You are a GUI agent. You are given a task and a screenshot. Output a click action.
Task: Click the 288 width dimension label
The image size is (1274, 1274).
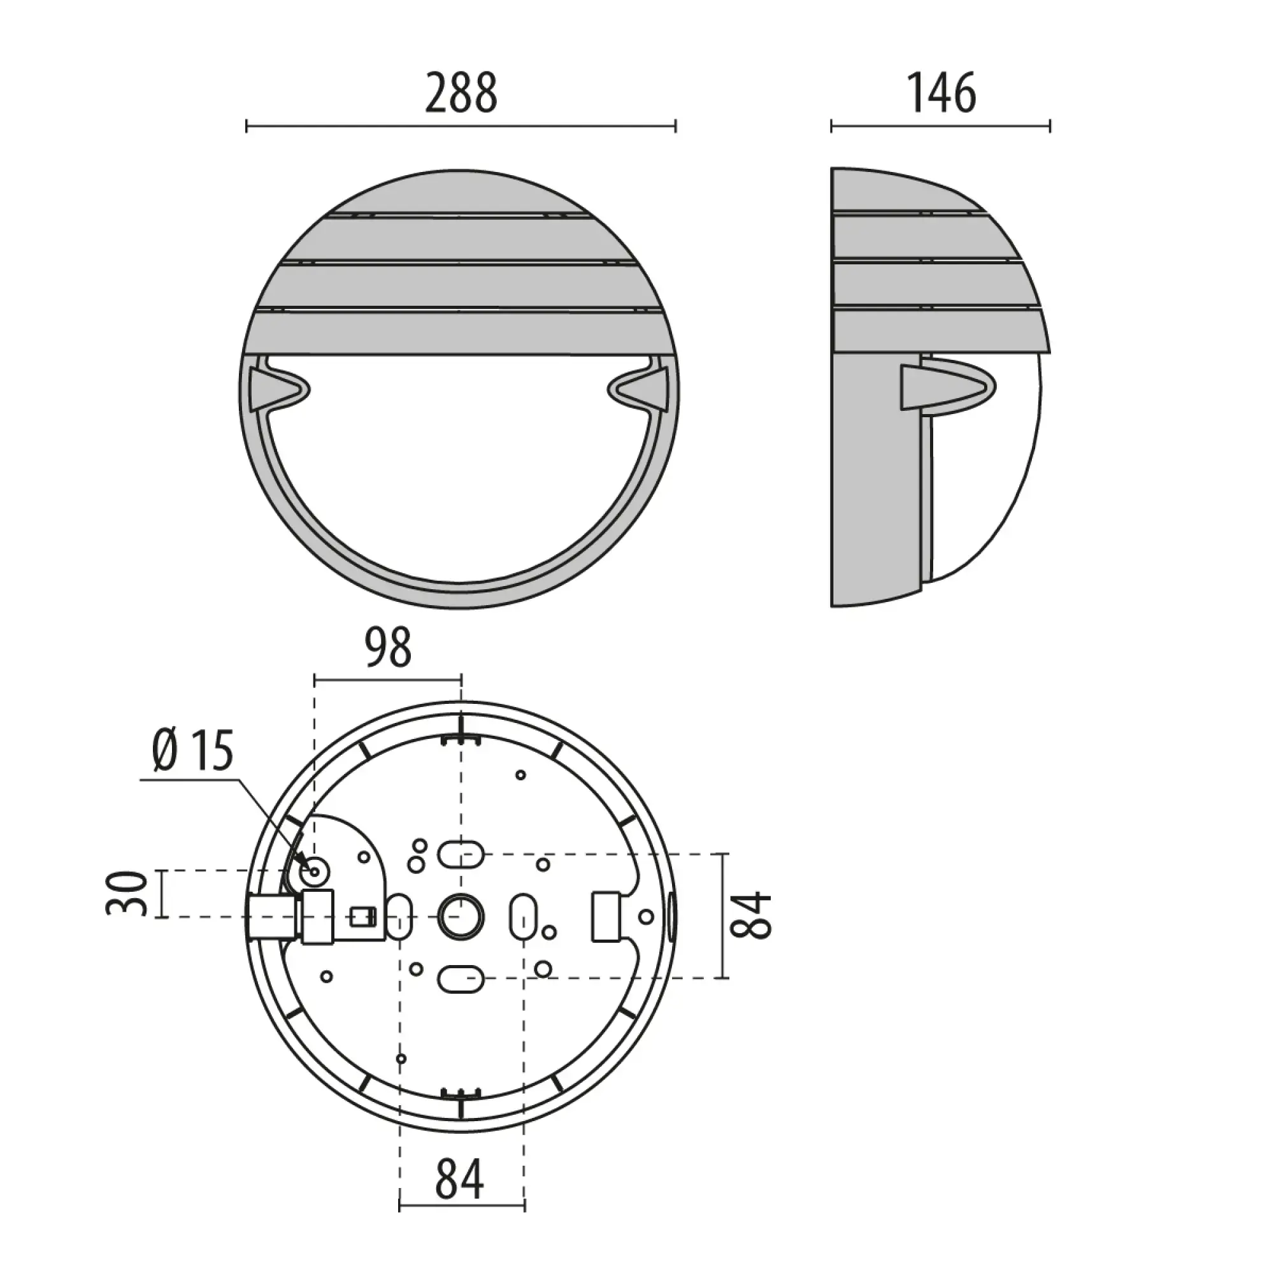tap(461, 93)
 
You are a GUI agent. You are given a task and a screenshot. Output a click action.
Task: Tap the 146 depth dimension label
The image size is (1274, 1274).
tap(941, 93)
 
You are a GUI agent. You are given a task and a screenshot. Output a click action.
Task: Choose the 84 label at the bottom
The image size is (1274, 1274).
tap(460, 1178)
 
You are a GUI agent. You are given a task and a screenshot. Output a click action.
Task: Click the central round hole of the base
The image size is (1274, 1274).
tap(461, 917)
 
